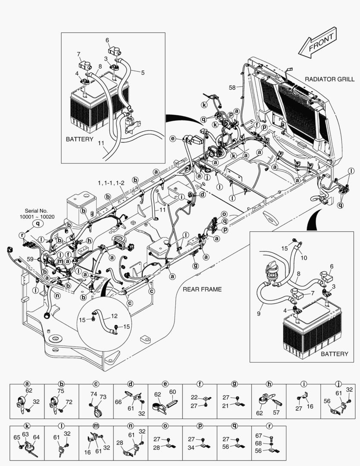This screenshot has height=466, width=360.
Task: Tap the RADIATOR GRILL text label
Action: (329, 79)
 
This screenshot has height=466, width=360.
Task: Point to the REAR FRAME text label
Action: (202, 289)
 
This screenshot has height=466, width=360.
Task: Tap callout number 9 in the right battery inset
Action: (258, 314)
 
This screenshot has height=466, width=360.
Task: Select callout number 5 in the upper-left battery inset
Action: (143, 72)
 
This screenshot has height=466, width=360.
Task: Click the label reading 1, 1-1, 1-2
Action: (111, 183)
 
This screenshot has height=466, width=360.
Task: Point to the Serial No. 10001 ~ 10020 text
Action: (37, 213)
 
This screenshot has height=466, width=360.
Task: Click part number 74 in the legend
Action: (94, 394)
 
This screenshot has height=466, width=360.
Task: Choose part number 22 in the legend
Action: (194, 397)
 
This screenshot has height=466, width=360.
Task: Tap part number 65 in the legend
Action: (16, 437)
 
